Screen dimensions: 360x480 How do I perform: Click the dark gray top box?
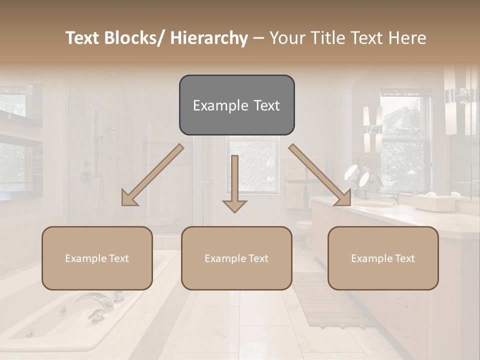click(x=236, y=105)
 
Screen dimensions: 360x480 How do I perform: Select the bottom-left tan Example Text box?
click(x=97, y=258)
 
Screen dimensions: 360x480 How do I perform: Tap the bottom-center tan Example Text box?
click(x=236, y=258)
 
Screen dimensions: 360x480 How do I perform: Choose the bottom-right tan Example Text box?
click(x=383, y=258)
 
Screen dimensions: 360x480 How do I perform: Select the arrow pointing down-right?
click(x=320, y=175)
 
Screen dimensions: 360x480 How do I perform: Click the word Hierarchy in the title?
click(x=209, y=38)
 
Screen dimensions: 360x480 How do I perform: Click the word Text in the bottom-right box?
click(x=404, y=258)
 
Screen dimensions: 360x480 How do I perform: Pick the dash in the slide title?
click(x=258, y=38)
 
